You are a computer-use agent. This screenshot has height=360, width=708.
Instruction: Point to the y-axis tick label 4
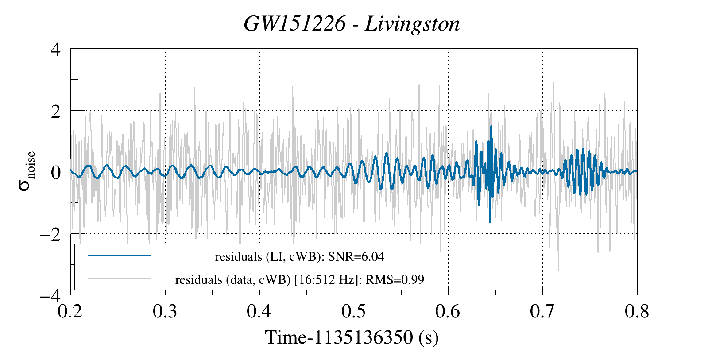(55, 49)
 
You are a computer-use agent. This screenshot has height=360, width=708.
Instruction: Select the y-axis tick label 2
(55, 111)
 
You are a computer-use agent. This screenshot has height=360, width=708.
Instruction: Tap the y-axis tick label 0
(55, 172)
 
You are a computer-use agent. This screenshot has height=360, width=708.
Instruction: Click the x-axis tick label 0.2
(71, 312)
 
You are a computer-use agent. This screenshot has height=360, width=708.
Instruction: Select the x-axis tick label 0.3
(165, 312)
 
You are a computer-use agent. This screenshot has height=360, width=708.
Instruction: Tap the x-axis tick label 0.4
(259, 312)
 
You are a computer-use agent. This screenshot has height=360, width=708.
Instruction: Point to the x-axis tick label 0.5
(354, 312)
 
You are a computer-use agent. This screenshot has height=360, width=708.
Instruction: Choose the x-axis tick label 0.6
(448, 312)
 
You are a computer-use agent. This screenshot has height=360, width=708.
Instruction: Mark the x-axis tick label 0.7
(542, 312)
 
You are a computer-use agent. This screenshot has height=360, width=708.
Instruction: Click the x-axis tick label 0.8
(637, 312)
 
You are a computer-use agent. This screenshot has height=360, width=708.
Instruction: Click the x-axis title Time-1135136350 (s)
(352, 337)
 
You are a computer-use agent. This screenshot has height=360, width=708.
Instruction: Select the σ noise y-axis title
(27, 171)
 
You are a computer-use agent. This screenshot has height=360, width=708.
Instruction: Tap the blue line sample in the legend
(120, 255)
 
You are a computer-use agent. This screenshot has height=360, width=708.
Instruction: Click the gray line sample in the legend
(120, 279)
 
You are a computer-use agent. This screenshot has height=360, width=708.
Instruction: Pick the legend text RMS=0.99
(399, 280)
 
